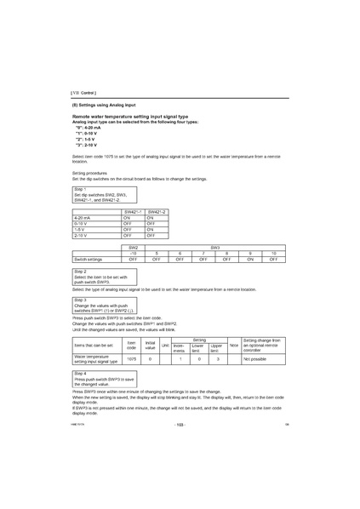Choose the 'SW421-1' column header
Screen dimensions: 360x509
tap(133, 210)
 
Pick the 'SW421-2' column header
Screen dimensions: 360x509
tap(157, 210)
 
